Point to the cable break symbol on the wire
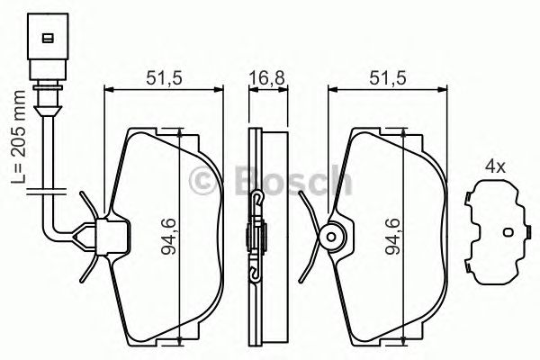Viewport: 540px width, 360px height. coord(42,190)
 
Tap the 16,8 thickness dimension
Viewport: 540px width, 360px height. coord(262,77)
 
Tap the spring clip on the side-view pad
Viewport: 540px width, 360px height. coord(255,238)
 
